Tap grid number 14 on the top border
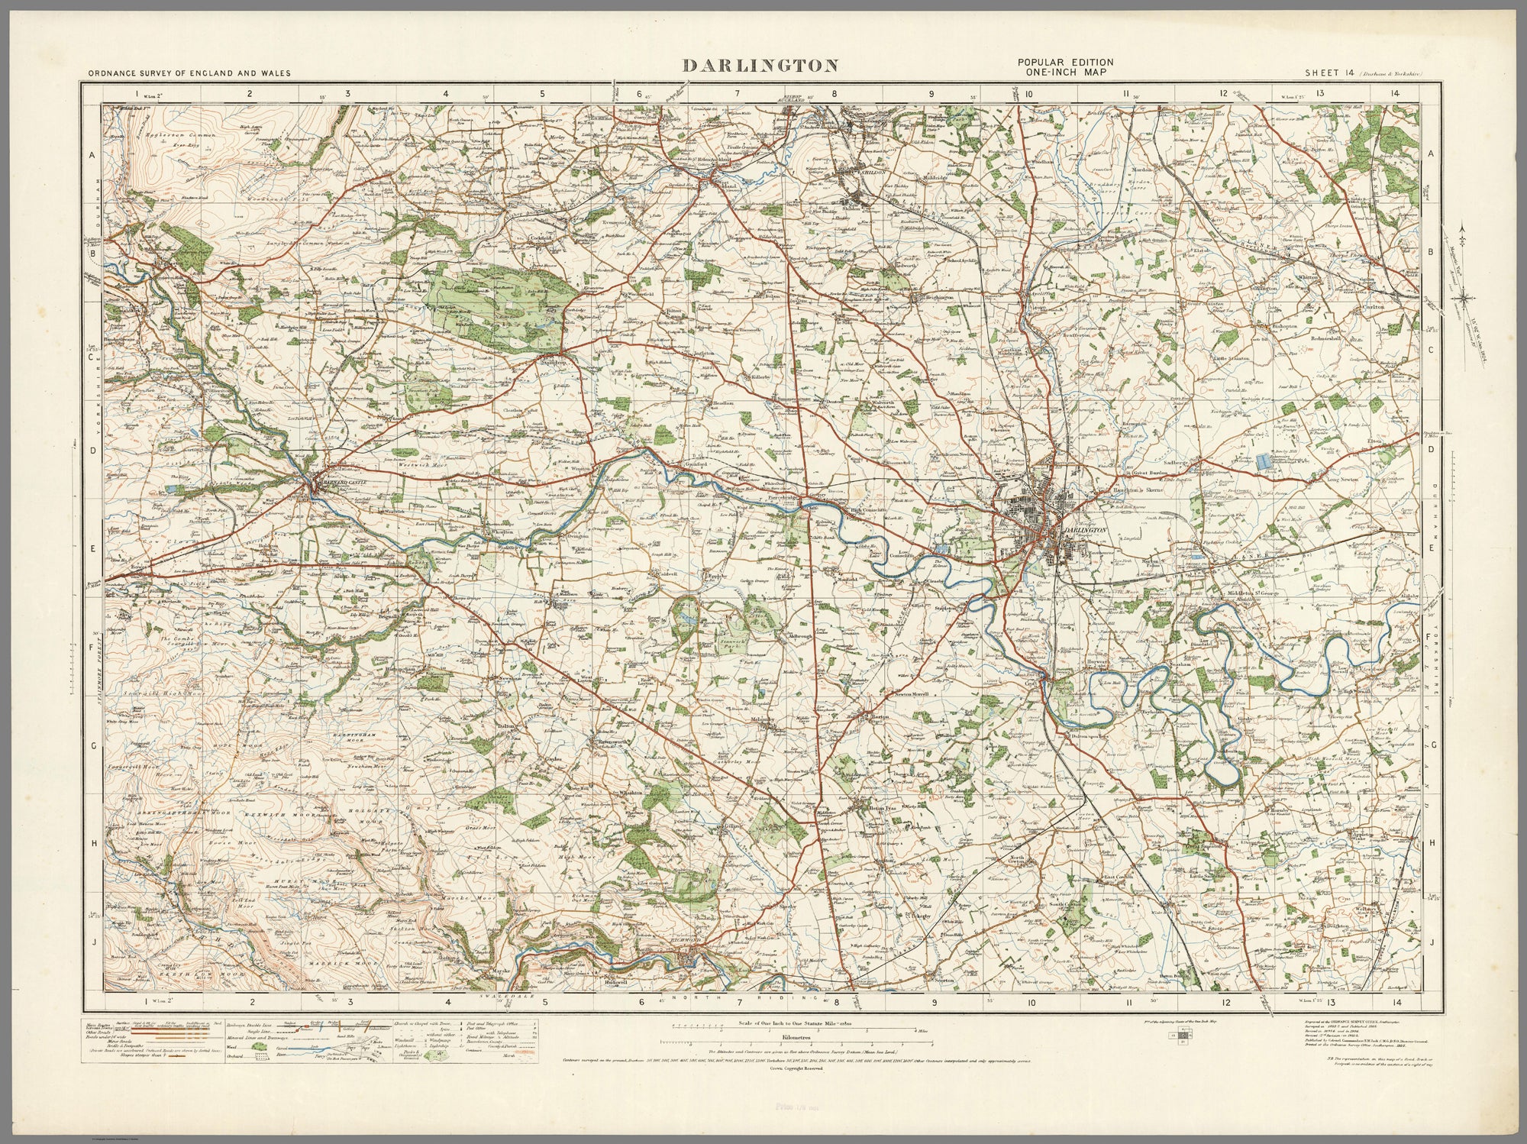click(x=1395, y=93)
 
